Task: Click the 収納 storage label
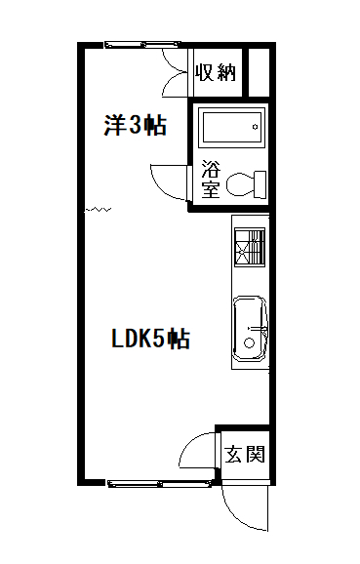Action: coord(216,72)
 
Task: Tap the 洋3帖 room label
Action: coord(136,125)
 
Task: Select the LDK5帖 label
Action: coord(150,339)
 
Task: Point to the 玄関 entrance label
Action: coord(245,454)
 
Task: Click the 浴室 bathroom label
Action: coord(211,179)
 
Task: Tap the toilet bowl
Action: coord(240,184)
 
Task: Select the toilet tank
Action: coord(260,184)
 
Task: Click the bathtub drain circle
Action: coord(256,127)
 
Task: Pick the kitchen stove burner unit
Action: coord(250,247)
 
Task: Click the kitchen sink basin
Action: coord(251,328)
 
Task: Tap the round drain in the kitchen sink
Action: coord(249,342)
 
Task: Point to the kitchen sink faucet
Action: coord(259,329)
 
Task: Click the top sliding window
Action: coord(142,45)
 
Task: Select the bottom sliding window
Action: coord(160,483)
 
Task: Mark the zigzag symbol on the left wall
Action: coord(98,209)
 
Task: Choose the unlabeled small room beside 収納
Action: coord(259,72)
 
